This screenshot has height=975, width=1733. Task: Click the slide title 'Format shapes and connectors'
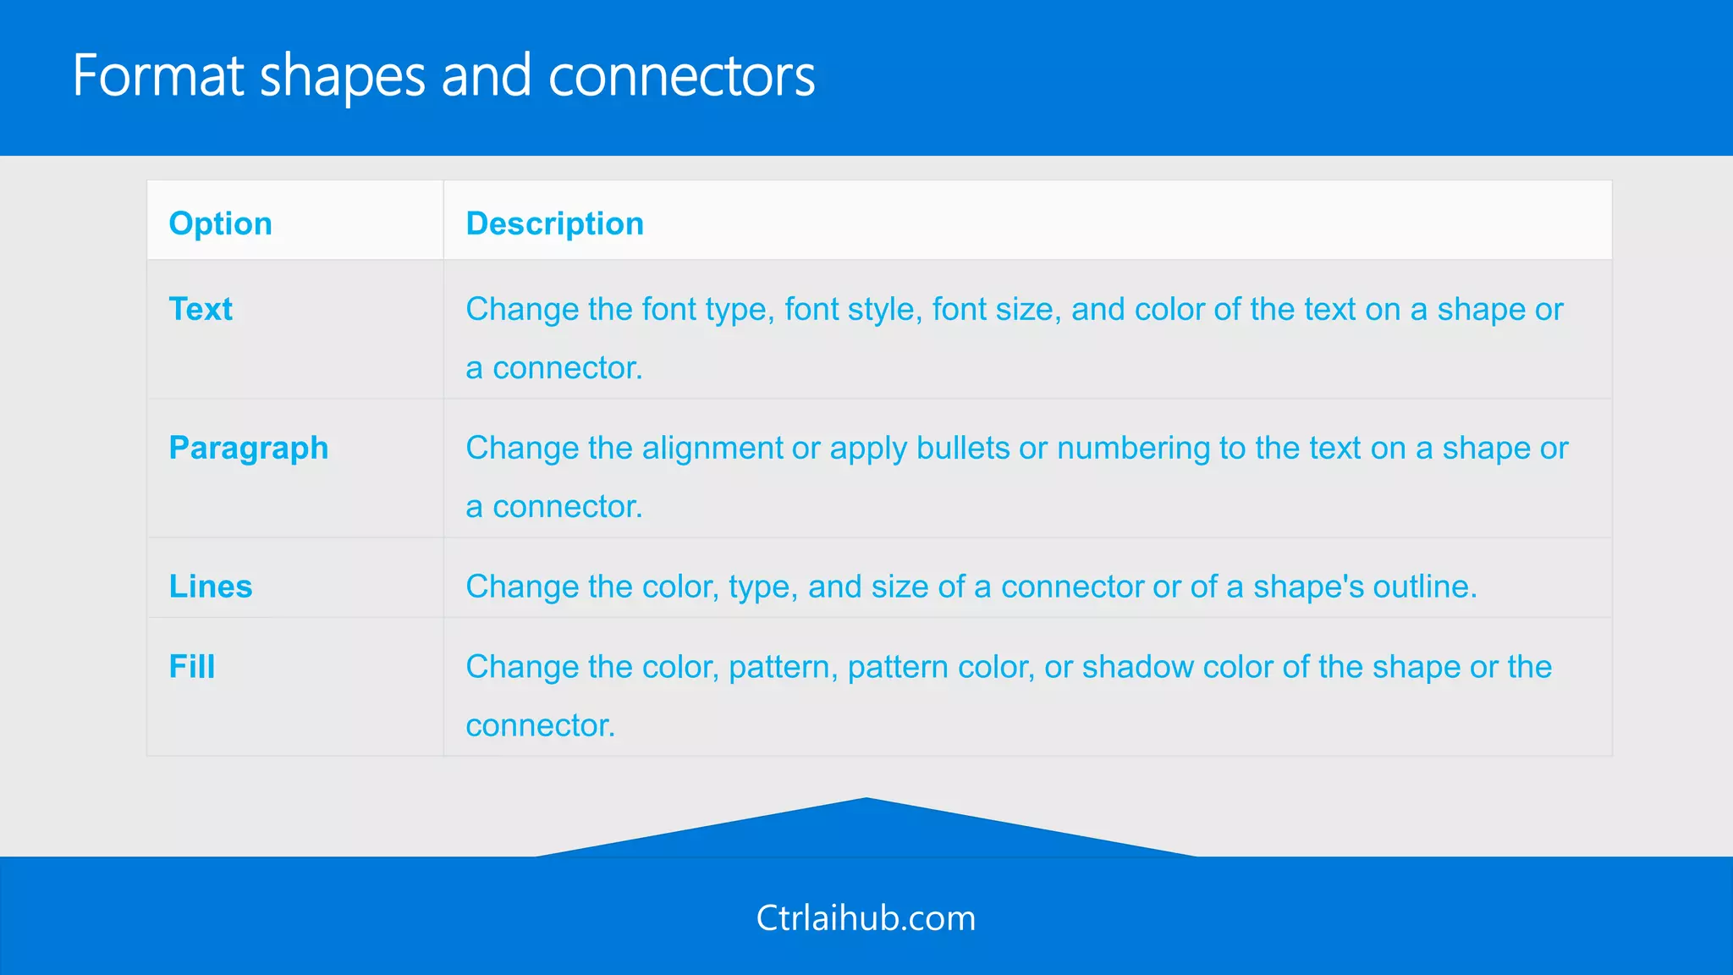click(x=443, y=76)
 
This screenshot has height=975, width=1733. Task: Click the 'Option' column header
click(x=220, y=223)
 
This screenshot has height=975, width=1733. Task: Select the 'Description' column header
click(x=554, y=223)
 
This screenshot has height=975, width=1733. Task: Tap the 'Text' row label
click(x=201, y=309)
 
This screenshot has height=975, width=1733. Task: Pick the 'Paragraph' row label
click(x=248, y=448)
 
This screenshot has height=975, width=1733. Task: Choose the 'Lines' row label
click(x=211, y=587)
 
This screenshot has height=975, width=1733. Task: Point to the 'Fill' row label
click(x=192, y=666)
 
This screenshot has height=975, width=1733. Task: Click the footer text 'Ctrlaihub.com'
click(x=866, y=918)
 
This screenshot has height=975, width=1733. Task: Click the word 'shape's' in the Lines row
click(x=1308, y=587)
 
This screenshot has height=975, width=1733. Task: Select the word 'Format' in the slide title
click(x=158, y=76)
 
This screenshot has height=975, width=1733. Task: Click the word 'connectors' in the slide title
click(x=681, y=76)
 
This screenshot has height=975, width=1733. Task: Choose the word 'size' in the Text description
click(x=1031, y=310)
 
